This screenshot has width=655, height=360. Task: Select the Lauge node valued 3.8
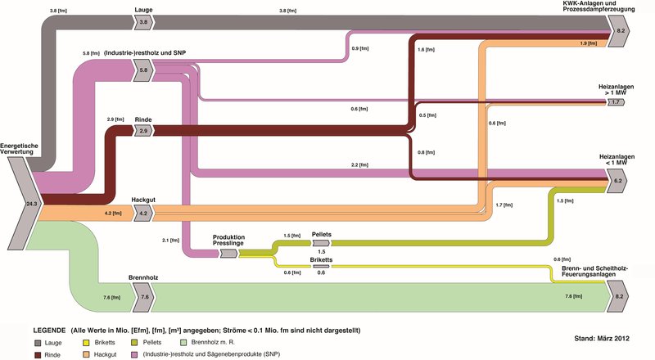click(x=144, y=23)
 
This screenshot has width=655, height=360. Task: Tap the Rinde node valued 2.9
click(x=143, y=131)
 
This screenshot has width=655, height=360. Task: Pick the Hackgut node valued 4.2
click(x=143, y=214)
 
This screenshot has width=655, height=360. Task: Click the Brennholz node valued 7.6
click(x=144, y=297)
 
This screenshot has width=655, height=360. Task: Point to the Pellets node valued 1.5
click(x=321, y=244)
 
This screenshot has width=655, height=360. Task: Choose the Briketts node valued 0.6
click(x=321, y=266)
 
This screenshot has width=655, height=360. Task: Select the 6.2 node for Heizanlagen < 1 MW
click(x=618, y=180)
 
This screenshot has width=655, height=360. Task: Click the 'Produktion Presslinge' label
click(x=228, y=240)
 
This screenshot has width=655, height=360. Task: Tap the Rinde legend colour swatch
click(x=38, y=356)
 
